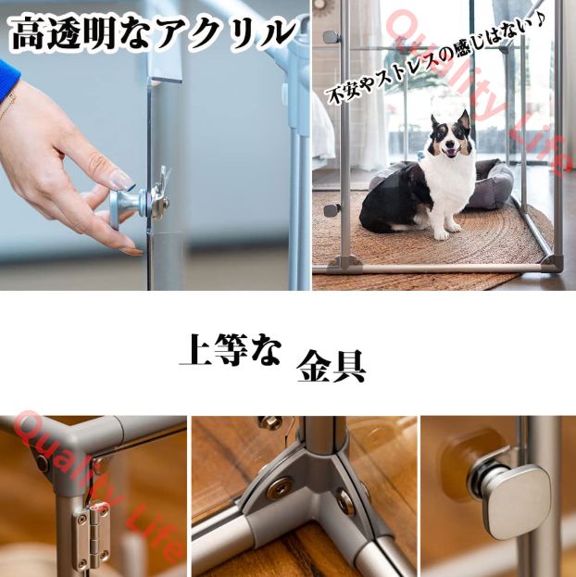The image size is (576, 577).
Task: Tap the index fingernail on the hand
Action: pyautogui.click(x=121, y=179)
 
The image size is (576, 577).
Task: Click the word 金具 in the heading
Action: pyautogui.click(x=331, y=366)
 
